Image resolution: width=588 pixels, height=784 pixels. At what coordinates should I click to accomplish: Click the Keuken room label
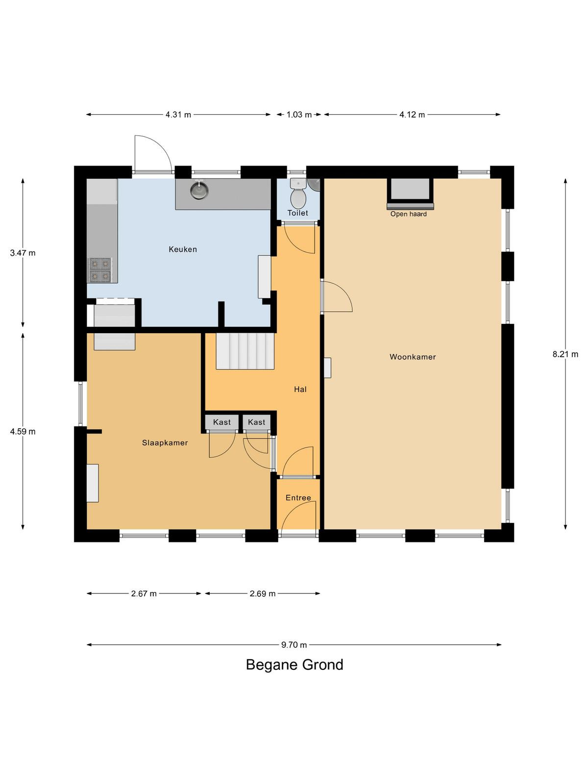pyautogui.click(x=182, y=249)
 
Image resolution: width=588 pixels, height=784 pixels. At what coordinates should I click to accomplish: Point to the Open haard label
pyautogui.click(x=409, y=214)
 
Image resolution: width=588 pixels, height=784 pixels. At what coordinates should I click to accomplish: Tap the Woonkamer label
pyautogui.click(x=413, y=357)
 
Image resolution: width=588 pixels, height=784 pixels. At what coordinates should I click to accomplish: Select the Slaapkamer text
pyautogui.click(x=165, y=443)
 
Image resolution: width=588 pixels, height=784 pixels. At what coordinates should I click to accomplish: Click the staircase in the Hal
pyautogui.click(x=245, y=351)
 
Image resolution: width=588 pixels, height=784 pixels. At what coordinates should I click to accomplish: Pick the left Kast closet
pyautogui.click(x=221, y=422)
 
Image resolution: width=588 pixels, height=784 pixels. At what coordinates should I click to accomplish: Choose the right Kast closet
pyautogui.click(x=256, y=422)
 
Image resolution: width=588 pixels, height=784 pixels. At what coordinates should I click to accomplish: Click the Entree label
pyautogui.click(x=298, y=498)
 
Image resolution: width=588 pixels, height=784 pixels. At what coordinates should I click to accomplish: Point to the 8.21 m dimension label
pyautogui.click(x=565, y=354)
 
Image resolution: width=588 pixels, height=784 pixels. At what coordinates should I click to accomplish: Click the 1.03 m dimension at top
pyautogui.click(x=299, y=115)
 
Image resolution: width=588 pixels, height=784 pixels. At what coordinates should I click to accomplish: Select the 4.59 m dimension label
pyautogui.click(x=23, y=432)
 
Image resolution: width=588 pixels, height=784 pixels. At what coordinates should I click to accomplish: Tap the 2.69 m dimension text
pyautogui.click(x=263, y=593)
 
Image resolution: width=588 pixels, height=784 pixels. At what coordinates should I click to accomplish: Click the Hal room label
pyautogui.click(x=300, y=390)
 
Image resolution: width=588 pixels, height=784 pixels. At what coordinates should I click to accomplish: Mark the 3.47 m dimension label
pyautogui.click(x=23, y=253)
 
